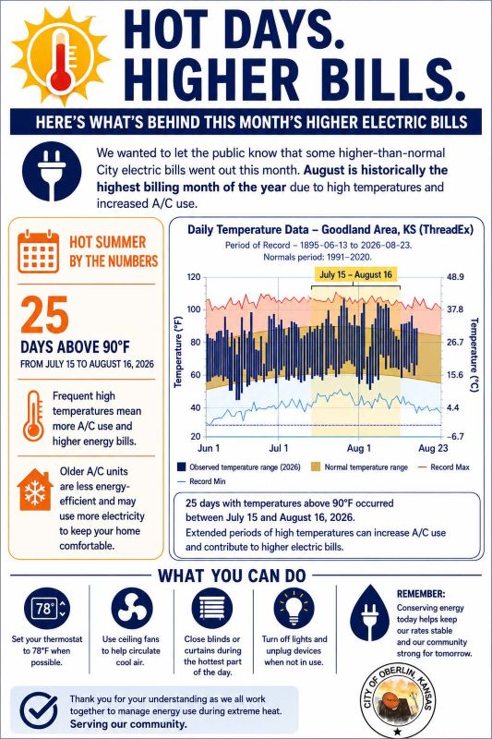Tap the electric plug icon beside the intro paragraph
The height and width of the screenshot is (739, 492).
point(52,172)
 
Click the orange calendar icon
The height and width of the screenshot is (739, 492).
point(39,251)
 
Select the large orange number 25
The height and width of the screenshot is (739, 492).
point(44,314)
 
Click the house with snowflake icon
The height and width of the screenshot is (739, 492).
point(34,490)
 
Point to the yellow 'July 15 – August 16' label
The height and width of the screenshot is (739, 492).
point(355,274)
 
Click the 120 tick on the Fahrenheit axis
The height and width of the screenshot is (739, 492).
point(194,277)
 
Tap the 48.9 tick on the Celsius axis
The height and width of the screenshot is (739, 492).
point(455,277)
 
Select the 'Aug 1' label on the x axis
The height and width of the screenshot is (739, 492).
point(359,448)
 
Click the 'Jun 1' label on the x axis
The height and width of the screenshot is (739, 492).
point(209,448)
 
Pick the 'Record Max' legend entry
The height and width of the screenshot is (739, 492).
point(443,467)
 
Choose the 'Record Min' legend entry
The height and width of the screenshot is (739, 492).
point(201,481)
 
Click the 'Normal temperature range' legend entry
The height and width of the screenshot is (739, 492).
point(359,467)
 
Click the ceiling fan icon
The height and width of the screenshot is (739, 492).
point(132,609)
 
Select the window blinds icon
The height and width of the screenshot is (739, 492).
point(212,609)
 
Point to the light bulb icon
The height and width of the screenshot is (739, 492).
point(294,608)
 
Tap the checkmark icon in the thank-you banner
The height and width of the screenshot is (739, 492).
point(39,710)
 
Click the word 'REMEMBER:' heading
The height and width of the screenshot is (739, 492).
point(421,594)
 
